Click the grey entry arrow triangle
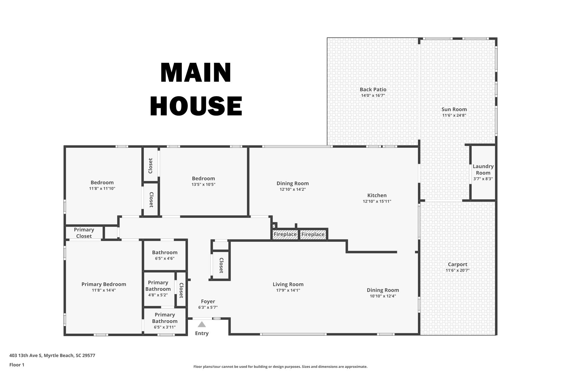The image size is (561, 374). click(202, 324)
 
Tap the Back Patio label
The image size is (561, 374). click(373, 90)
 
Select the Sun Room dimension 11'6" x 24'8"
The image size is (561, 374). click(454, 115)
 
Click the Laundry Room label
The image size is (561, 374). click(483, 169)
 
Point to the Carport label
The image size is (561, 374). click(457, 264)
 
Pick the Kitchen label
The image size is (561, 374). click(377, 195)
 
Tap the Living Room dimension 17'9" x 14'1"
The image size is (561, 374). click(288, 290)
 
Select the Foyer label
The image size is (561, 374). click(208, 301)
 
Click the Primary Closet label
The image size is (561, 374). click(84, 233)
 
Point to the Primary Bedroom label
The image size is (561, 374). click(104, 284)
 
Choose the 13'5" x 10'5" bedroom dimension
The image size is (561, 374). click(203, 184)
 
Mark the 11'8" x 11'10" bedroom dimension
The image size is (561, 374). click(102, 189)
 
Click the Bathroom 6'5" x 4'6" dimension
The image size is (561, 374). click(165, 258)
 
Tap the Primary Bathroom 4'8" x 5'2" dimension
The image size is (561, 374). click(158, 295)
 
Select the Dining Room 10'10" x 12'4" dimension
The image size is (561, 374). click(383, 296)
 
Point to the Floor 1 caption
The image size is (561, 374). click(17, 365)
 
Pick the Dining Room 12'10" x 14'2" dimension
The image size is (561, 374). click(292, 189)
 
